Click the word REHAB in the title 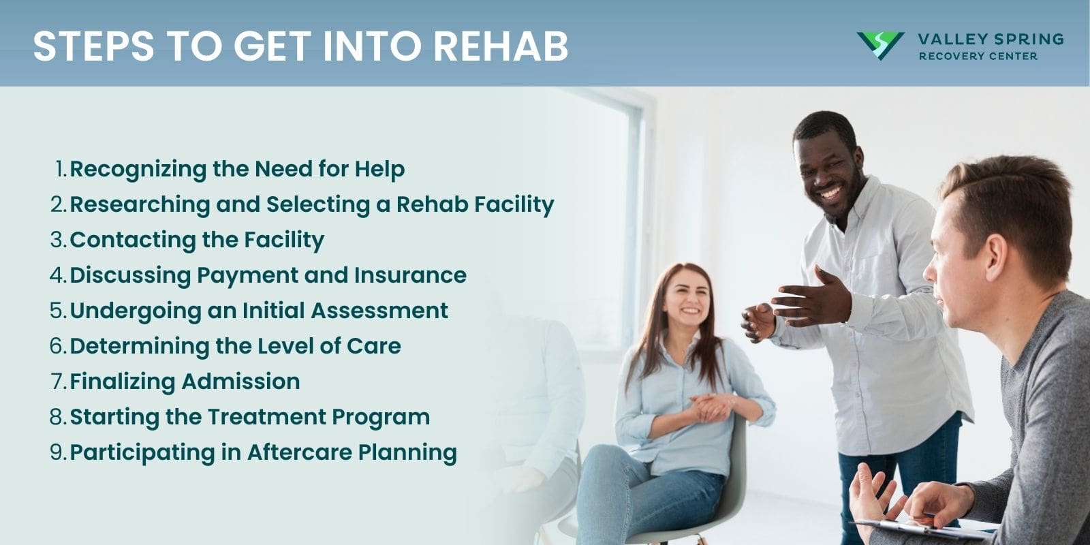[x=501, y=46]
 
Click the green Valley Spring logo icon [x=880, y=46]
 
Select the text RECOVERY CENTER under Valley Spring [x=978, y=57]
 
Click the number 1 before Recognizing [x=60, y=169]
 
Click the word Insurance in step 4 [x=410, y=275]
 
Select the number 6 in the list [x=57, y=346]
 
